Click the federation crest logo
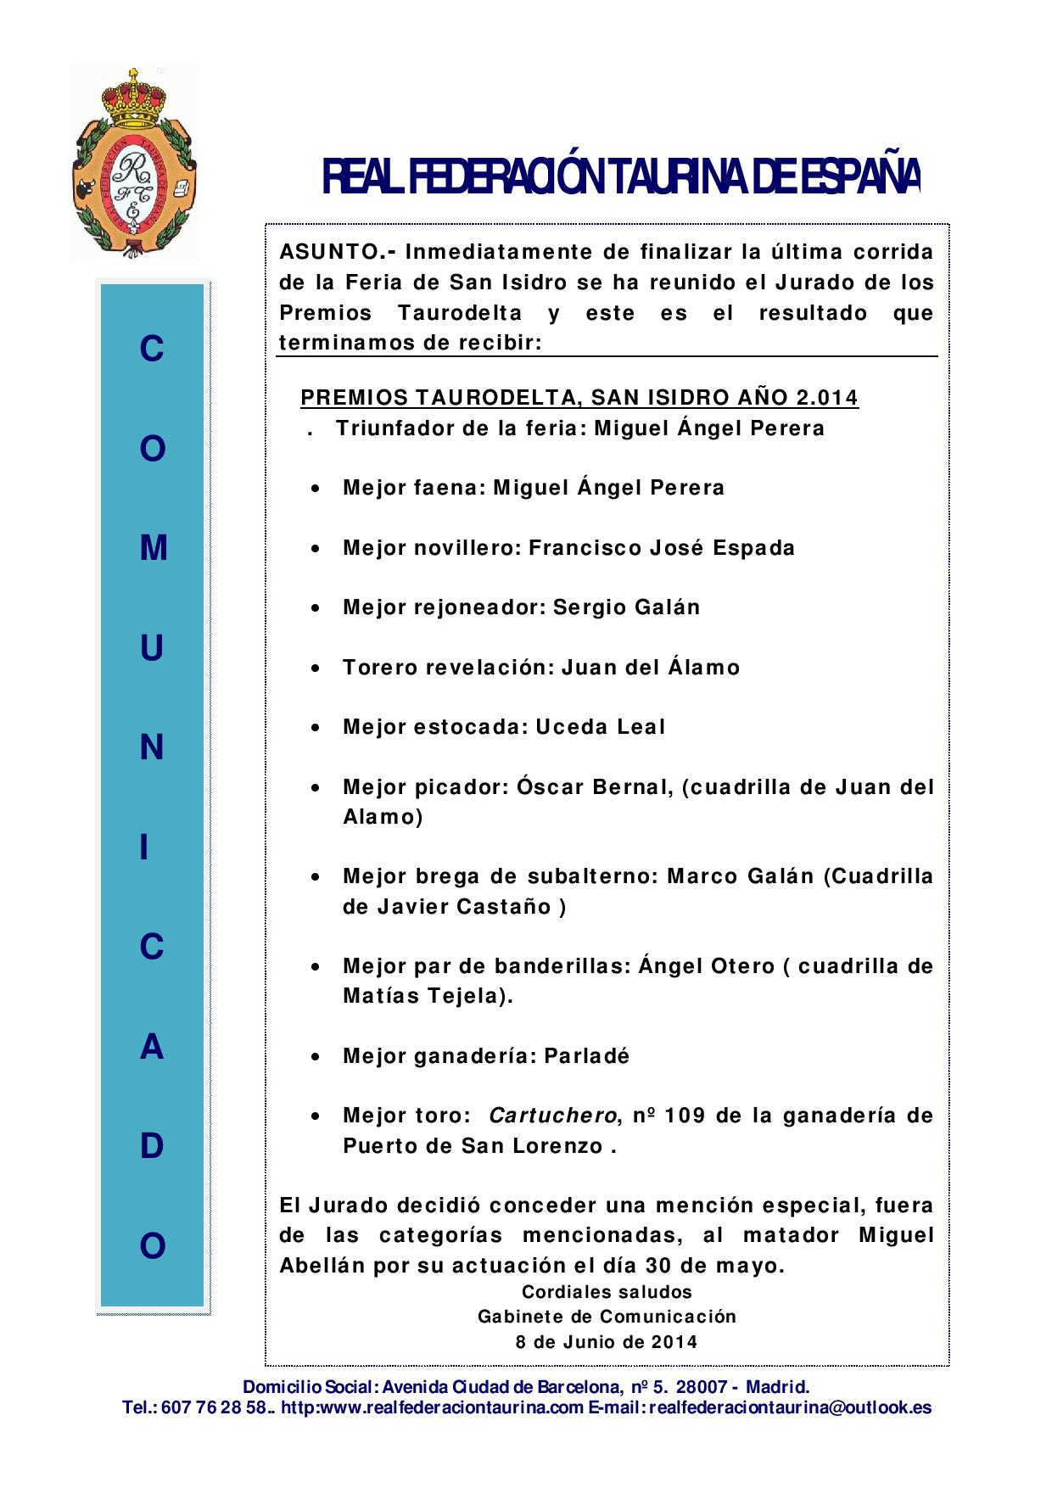click(135, 162)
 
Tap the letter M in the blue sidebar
click(153, 549)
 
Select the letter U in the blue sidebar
click(152, 649)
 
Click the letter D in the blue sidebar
click(152, 1146)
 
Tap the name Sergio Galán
click(626, 607)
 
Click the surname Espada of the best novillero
click(753, 548)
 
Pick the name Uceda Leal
click(600, 727)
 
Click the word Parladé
click(587, 1056)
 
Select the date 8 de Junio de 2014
click(607, 1342)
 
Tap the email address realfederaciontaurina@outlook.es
click(796, 1408)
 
